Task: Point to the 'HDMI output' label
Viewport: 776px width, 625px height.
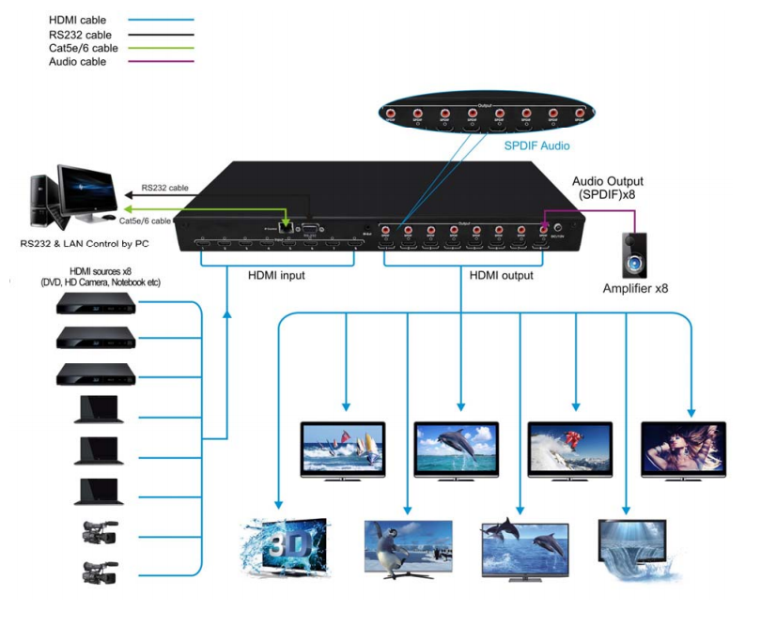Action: [x=501, y=276]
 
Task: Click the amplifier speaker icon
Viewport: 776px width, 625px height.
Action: [x=637, y=255]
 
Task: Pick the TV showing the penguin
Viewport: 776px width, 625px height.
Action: [x=408, y=547]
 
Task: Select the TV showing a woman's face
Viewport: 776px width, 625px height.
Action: [x=683, y=450]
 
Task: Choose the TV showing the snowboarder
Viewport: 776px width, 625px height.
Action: [x=569, y=450]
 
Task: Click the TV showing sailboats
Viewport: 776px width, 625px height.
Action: [x=342, y=450]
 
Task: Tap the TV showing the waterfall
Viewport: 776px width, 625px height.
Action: [x=631, y=548]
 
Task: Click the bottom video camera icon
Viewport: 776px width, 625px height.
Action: [x=98, y=572]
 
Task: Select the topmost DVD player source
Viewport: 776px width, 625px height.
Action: [x=97, y=303]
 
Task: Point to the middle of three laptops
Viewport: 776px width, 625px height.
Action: [x=99, y=451]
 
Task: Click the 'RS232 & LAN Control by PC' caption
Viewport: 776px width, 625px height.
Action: [x=84, y=244]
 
